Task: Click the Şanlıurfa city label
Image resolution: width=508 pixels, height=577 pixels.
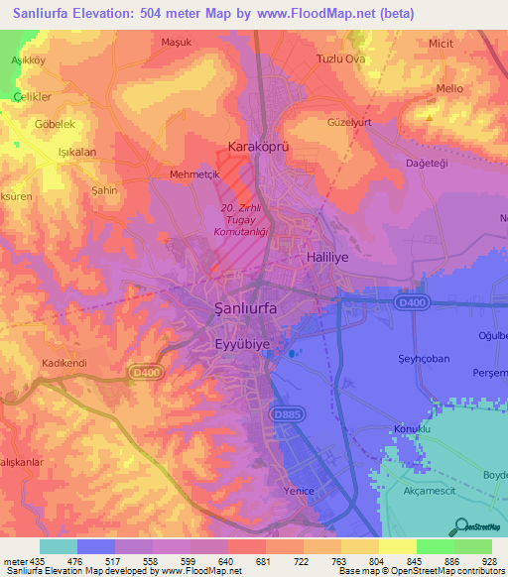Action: [x=247, y=308]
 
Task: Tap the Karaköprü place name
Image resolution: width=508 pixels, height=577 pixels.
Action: [x=257, y=146]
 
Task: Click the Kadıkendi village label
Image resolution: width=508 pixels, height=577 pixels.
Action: [x=65, y=363]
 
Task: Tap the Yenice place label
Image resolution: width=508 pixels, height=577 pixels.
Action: [x=297, y=492]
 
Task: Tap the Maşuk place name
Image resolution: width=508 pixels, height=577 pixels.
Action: [x=176, y=43]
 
